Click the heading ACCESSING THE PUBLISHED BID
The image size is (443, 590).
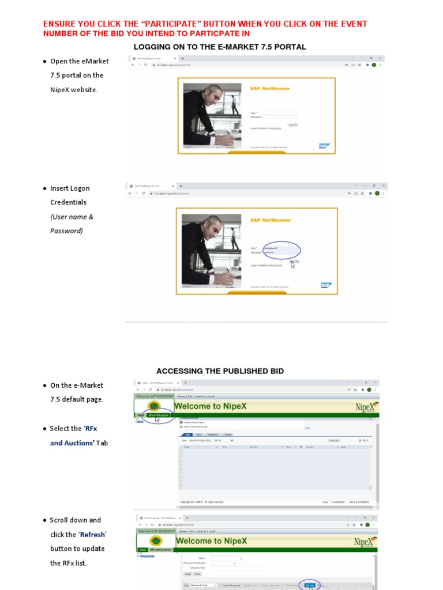pos(220,371)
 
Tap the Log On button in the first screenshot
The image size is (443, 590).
pos(292,124)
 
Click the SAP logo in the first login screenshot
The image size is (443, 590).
pos(324,146)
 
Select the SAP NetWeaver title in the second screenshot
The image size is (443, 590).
pos(270,220)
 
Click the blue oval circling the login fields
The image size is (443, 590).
pos(280,250)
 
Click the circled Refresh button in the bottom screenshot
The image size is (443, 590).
pos(310,585)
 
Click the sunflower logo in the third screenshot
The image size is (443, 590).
pos(155,406)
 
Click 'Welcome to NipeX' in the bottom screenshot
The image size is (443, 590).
pos(211,541)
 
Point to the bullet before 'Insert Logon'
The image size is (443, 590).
pos(44,188)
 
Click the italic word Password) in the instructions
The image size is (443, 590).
pos(66,231)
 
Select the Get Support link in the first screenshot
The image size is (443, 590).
pos(275,128)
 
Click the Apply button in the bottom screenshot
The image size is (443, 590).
pos(187,574)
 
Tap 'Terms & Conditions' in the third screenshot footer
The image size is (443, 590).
pos(359,502)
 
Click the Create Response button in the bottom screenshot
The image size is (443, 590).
pos(231,585)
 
